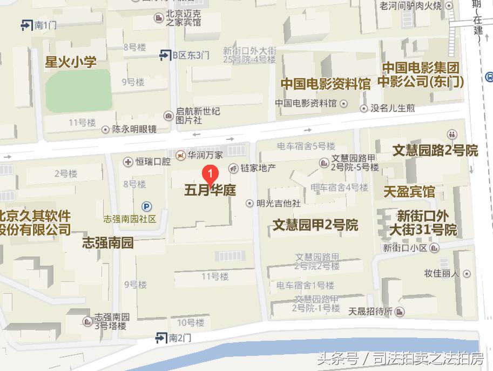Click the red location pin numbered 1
210,174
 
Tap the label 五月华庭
210,190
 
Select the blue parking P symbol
146,206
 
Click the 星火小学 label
71,62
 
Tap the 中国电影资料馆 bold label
325,84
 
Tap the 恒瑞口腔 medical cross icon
128,161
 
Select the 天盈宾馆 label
409,191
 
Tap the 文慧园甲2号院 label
315,224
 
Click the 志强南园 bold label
107,242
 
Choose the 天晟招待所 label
370,311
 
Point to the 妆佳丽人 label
441,273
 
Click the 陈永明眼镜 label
134,129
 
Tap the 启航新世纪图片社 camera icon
169,116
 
